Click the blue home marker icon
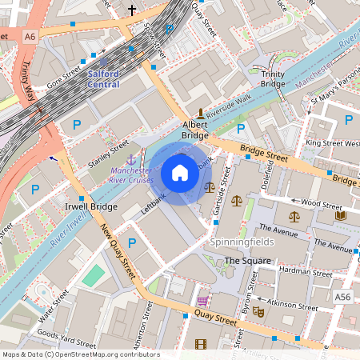coord(180,172)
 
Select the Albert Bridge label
coord(195,130)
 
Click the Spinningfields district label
coord(241,242)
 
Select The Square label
coord(247,261)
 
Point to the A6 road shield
coord(30,36)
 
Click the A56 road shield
coord(343,297)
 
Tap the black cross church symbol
coord(132,10)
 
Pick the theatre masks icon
coord(258,310)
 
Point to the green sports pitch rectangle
coord(94,276)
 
